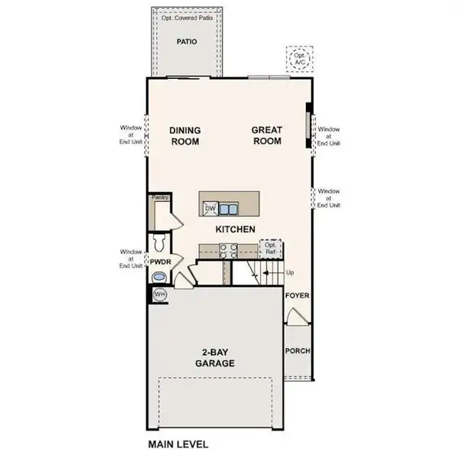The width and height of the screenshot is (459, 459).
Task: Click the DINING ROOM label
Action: click(184, 135)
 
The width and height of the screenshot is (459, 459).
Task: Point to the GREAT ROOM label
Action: click(266, 135)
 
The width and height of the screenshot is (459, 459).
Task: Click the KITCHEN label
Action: click(234, 229)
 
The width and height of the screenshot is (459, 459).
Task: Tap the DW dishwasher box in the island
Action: click(208, 207)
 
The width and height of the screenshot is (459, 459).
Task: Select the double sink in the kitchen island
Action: click(227, 207)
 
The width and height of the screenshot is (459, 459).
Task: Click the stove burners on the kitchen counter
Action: click(228, 249)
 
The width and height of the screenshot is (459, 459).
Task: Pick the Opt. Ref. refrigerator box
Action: click(269, 249)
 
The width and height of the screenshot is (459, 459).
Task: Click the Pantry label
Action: click(159, 197)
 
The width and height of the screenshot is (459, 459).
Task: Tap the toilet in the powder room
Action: click(158, 243)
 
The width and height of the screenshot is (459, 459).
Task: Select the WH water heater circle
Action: click(160, 294)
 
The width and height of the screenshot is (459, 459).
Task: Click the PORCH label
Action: click(296, 352)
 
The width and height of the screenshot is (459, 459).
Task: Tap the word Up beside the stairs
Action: click(289, 272)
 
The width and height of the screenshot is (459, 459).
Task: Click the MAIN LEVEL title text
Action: click(177, 444)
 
